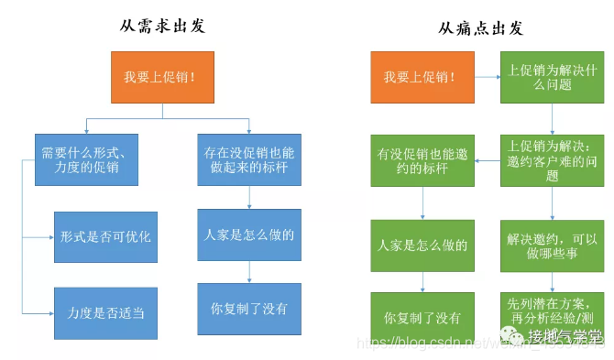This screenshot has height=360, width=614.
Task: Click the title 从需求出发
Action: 162,25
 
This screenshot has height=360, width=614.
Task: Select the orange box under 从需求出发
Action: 162,76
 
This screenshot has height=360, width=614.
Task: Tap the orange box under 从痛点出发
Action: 417,76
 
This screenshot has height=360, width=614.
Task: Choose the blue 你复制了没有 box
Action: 248,309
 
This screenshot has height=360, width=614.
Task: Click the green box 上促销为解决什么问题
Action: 552,76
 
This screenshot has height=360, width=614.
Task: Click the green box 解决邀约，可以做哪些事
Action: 552,245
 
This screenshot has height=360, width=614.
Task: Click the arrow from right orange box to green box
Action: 481,76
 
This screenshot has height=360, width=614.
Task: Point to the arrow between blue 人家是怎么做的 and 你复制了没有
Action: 248,272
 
